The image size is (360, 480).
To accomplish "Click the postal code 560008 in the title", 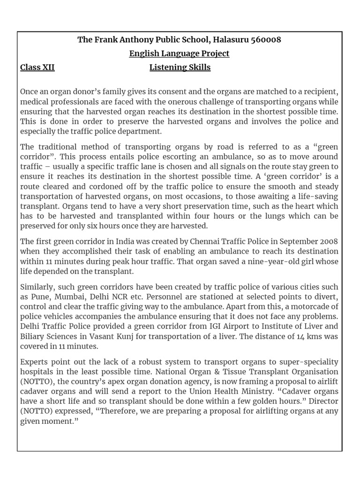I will click(265, 39).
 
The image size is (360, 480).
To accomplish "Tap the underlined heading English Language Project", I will click(180, 53).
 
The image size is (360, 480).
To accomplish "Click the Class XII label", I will click(37, 67).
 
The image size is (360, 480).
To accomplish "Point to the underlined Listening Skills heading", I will click(180, 67).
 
